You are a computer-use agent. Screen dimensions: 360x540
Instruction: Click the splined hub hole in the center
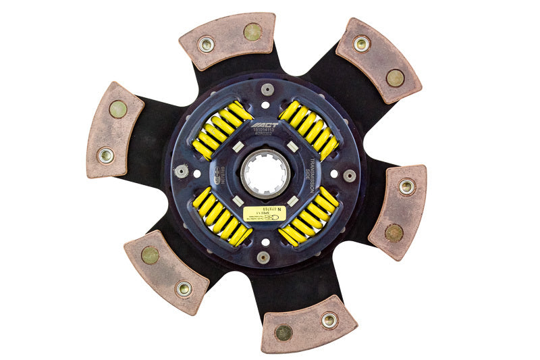(x=265, y=172)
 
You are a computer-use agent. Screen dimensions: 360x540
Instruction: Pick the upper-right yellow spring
(x=309, y=130)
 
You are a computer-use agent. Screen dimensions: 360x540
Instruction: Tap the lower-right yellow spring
(x=308, y=217)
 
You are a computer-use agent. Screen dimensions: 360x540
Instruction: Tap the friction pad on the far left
(x=114, y=130)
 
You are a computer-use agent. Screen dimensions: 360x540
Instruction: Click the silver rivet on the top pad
(x=206, y=45)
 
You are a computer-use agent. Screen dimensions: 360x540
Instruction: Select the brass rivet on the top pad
(x=252, y=31)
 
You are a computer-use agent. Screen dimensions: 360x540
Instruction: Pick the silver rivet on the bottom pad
(x=329, y=319)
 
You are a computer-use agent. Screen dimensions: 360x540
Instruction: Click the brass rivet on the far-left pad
(x=118, y=109)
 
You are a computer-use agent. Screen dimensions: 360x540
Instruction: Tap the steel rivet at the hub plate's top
(x=267, y=89)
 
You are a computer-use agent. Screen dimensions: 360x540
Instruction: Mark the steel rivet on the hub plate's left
(x=181, y=171)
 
